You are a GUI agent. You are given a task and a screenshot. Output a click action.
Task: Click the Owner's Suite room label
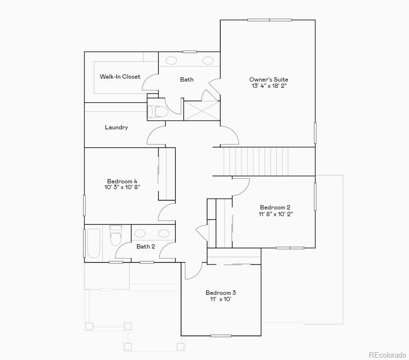coord(268,79)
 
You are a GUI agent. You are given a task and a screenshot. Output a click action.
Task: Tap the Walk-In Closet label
coord(120,76)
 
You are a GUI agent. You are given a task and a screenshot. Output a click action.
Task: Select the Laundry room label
coord(116,127)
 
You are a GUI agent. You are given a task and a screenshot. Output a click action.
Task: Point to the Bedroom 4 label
coord(118,181)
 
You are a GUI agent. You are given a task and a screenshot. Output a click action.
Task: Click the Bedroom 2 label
coord(275,208)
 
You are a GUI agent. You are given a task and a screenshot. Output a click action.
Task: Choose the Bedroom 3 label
coord(221,293)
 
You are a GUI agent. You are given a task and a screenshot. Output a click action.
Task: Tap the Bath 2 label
coord(146,246)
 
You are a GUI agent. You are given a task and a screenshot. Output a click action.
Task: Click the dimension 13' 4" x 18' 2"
coord(269,86)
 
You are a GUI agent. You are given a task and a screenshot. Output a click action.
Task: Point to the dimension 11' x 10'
coord(221,299)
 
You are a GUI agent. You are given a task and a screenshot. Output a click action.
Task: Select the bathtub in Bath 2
coord(94,243)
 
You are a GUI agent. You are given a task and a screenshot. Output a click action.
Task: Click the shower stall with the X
coord(202,110)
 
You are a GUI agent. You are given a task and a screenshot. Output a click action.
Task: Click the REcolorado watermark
coord(387,355)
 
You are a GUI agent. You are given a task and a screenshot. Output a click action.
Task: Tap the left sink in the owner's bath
coord(171,60)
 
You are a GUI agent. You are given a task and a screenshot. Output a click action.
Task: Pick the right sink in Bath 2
coord(164,234)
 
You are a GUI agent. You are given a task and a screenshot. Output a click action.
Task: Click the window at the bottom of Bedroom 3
coord(221,335)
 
